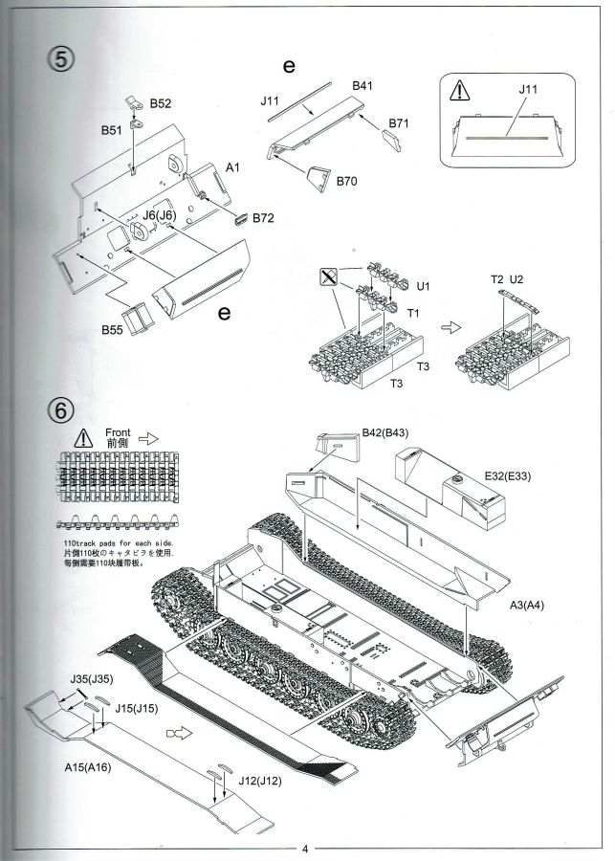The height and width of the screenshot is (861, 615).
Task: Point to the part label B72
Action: (x=264, y=219)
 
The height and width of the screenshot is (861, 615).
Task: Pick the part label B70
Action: (x=347, y=180)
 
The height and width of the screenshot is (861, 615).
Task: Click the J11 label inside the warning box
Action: (x=528, y=90)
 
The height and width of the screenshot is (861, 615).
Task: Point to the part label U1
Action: (x=425, y=285)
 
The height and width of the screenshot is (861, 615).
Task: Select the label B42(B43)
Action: (x=385, y=432)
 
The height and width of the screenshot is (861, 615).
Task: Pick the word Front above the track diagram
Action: (x=116, y=431)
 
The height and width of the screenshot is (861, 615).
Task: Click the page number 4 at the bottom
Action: (x=305, y=848)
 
